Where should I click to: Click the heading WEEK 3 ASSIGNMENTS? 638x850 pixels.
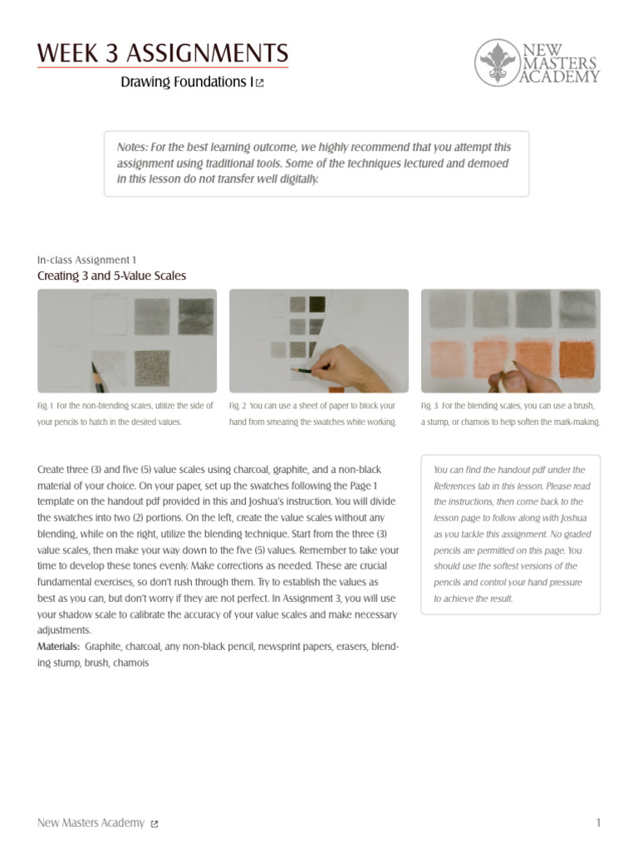tap(163, 55)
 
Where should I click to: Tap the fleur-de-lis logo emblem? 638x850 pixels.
tap(497, 63)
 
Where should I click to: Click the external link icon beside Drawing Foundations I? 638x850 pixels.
tap(260, 83)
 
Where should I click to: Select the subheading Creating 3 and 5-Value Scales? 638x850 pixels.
tap(111, 276)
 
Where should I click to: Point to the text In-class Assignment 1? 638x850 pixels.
tap(87, 260)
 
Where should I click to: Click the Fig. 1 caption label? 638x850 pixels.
tap(45, 406)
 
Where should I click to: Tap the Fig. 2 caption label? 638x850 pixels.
tap(238, 406)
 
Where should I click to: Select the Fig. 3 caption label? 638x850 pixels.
tap(429, 406)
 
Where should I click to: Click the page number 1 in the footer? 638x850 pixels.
tap(598, 823)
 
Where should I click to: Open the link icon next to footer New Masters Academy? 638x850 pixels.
tap(155, 823)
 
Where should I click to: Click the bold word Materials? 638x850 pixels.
tap(59, 647)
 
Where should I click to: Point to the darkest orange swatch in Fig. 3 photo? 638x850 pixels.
tap(577, 359)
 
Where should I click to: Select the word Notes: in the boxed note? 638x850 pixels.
tap(132, 146)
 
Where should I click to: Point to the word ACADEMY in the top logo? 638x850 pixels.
tap(560, 77)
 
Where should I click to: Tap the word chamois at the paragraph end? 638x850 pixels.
tap(130, 663)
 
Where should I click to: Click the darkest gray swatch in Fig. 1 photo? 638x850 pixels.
tap(196, 316)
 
